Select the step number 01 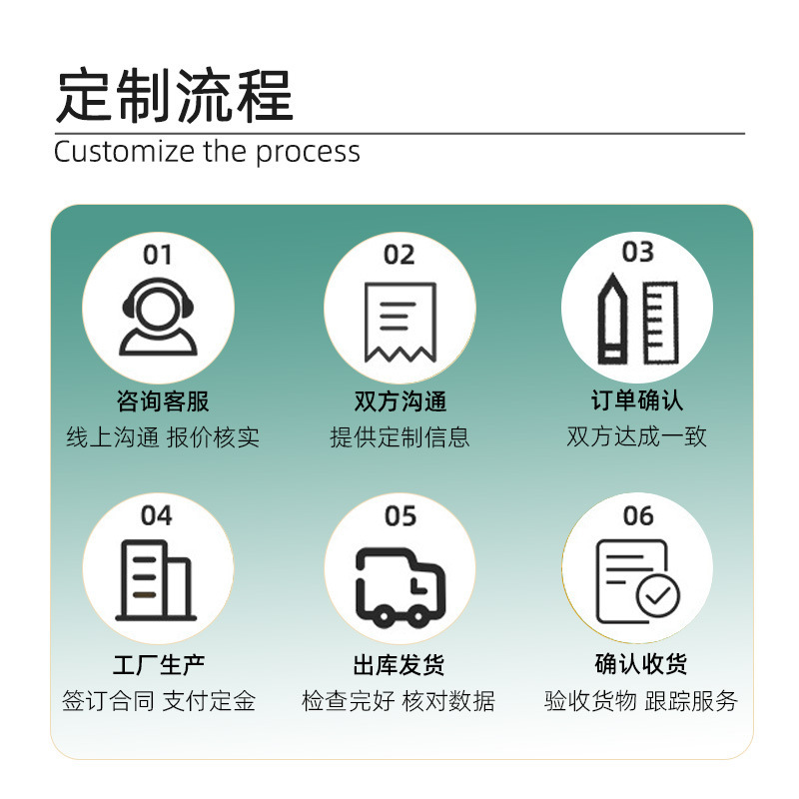[157, 255]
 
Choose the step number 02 [399, 256]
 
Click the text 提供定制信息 [399, 436]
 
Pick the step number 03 [637, 252]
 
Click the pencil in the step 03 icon [611, 321]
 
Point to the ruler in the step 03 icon [660, 322]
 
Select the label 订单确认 [637, 400]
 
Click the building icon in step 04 [156, 579]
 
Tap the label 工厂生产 [159, 664]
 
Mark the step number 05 [399, 516]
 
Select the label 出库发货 [399, 664]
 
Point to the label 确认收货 [640, 663]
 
